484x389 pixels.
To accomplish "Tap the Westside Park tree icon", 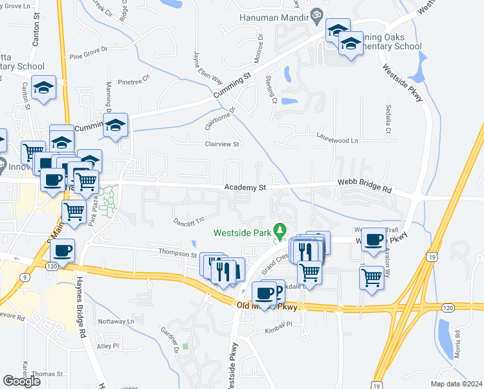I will tap(280, 230).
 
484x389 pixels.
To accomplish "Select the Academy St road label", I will tap(245, 187).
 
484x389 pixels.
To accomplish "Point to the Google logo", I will tap(21, 381).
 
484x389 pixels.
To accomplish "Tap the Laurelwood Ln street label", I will tap(336, 138).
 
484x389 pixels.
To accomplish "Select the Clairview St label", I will tap(222, 144).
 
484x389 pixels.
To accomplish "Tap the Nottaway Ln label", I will tap(115, 321).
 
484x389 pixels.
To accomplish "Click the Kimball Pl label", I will tap(279, 331).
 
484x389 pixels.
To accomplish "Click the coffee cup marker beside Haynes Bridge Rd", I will tap(63, 250).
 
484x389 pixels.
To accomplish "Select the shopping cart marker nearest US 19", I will tap(372, 277).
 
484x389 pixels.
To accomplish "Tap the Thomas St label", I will tap(47, 374).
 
